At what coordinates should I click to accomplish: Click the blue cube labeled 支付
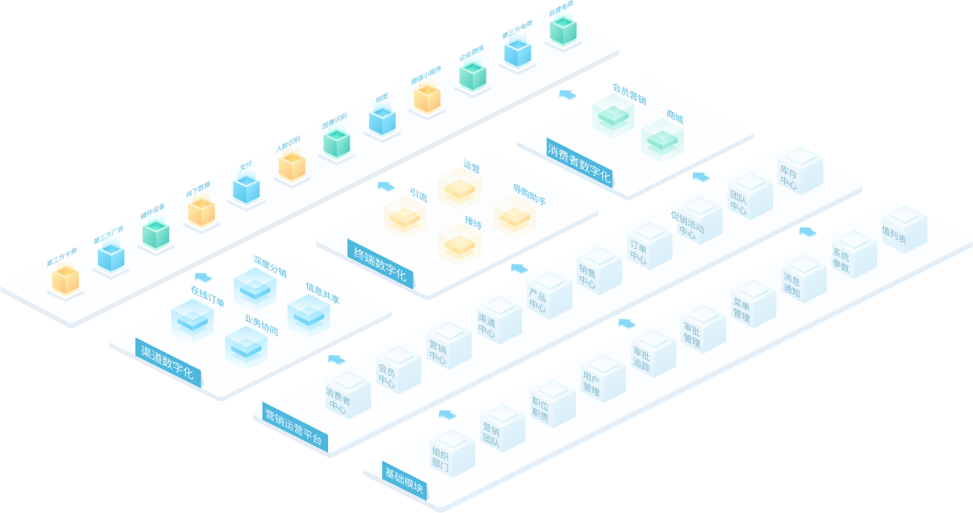point(246,189)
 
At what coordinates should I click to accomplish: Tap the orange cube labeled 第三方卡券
point(65,279)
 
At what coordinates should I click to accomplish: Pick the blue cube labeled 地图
point(382,121)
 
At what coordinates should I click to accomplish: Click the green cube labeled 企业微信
point(472,76)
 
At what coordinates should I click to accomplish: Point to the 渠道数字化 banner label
point(168,360)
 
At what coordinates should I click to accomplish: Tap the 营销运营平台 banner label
point(293,427)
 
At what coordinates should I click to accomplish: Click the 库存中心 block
point(799,172)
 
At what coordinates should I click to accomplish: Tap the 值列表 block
point(903,230)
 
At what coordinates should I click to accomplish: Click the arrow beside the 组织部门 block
point(447,414)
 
